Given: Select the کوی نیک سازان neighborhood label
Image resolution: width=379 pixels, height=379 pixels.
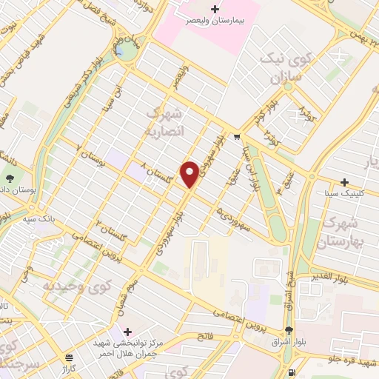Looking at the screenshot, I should click(x=278, y=69).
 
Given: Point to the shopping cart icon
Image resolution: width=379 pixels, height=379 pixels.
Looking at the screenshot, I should click(x=236, y=137).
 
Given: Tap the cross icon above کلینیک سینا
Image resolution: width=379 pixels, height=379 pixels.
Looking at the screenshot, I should click(x=344, y=182).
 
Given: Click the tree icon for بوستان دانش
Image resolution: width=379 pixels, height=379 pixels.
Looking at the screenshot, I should click(x=10, y=178).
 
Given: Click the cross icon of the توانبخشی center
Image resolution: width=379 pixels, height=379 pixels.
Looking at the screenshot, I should click(x=128, y=330).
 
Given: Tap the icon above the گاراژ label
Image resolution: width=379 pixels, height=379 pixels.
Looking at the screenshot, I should click(x=69, y=356).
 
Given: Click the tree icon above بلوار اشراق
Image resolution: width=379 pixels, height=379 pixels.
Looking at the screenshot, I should click(x=288, y=331).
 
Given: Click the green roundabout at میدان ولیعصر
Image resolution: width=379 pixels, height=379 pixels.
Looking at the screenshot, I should click(x=127, y=51).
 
